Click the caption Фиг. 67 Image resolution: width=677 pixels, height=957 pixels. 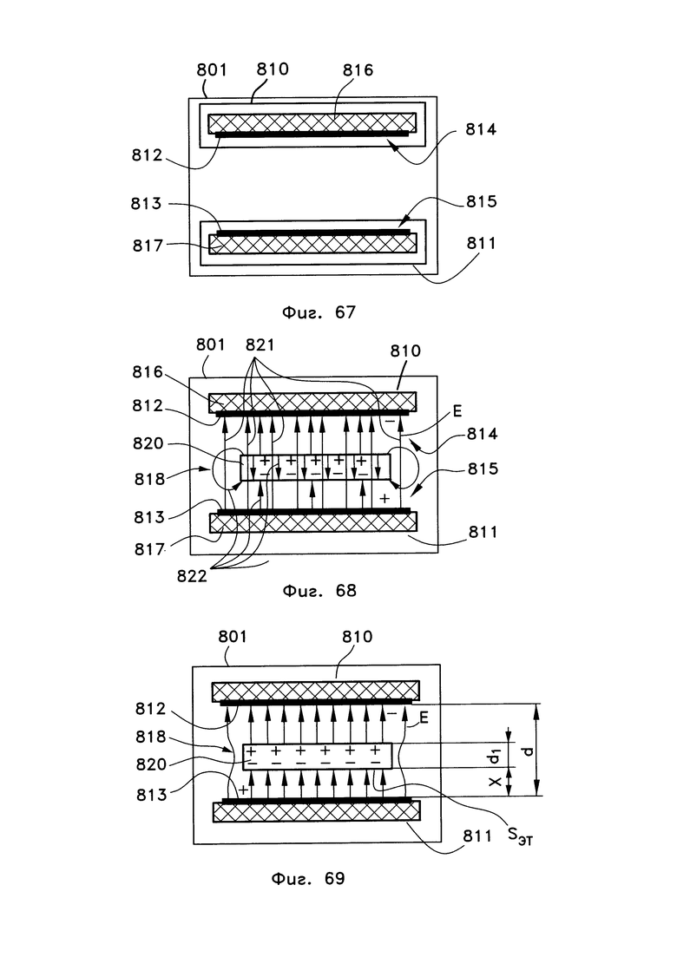pos(318,312)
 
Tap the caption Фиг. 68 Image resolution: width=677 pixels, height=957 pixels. pos(319,591)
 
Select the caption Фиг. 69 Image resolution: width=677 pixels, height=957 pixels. pos(307,878)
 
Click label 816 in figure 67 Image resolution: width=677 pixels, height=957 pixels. pos(358,70)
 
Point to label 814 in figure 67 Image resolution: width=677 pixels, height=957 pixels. pos(481,129)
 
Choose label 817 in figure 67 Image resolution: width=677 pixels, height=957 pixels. pos(148,246)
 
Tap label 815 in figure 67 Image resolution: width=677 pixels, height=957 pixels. pos(482,201)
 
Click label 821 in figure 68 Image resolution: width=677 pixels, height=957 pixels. pos(260,344)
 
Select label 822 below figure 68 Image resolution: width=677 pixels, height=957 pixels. pos(192,576)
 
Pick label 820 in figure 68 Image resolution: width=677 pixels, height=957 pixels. pos(148,443)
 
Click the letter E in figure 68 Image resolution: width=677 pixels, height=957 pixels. pos(457,412)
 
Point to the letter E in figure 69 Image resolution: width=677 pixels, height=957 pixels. pos(424,718)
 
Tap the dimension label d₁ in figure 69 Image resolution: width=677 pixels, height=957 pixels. pos(495,756)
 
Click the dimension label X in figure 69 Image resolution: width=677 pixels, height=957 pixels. pos(495,781)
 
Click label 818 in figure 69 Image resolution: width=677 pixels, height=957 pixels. pos(151,737)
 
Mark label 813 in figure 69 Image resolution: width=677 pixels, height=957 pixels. pos(151,796)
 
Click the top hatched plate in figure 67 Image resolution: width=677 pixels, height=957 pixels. pos(312,122)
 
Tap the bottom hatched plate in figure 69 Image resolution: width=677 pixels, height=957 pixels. pos(316,811)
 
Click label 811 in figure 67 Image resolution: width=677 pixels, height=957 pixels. pos(482,244)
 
